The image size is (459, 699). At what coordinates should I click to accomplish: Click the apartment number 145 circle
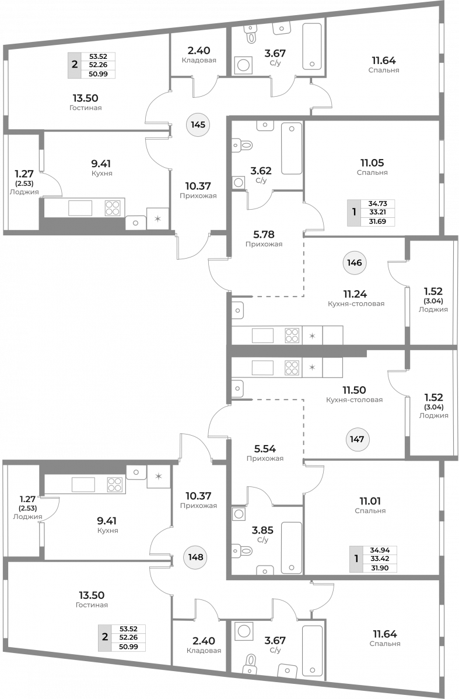[x=198, y=125]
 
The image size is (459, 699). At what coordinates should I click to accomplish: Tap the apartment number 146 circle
[x=355, y=263]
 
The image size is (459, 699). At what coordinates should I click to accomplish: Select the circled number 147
[x=357, y=439]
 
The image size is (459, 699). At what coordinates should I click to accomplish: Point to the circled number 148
[x=195, y=557]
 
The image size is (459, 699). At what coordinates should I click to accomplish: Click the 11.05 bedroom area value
[x=372, y=163]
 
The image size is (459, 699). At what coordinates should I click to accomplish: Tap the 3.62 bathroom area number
[x=261, y=171]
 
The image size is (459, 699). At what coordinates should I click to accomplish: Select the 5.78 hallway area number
[x=264, y=234]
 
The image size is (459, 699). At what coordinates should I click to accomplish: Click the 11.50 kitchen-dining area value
[x=354, y=390]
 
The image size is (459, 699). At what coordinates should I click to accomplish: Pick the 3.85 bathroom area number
[x=262, y=530]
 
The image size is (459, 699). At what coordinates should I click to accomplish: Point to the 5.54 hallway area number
[x=265, y=449]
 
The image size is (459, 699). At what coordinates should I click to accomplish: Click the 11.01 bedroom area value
[x=370, y=501]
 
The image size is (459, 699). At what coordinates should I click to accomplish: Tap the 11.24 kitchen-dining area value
[x=355, y=294]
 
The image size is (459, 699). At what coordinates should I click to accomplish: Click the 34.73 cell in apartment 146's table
[x=377, y=203]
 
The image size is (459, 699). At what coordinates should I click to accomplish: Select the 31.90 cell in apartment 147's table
[x=380, y=568]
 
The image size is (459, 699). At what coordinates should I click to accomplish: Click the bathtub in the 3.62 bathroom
[x=292, y=148]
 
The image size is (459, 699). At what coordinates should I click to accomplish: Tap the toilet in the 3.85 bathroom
[x=242, y=551]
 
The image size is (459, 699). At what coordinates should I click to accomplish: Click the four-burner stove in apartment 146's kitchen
[x=292, y=336]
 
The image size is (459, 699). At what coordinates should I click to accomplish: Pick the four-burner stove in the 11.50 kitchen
[x=292, y=368]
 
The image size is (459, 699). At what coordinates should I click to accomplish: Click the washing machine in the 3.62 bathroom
[x=239, y=183]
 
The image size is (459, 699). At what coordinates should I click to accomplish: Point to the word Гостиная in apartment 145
[x=86, y=108]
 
